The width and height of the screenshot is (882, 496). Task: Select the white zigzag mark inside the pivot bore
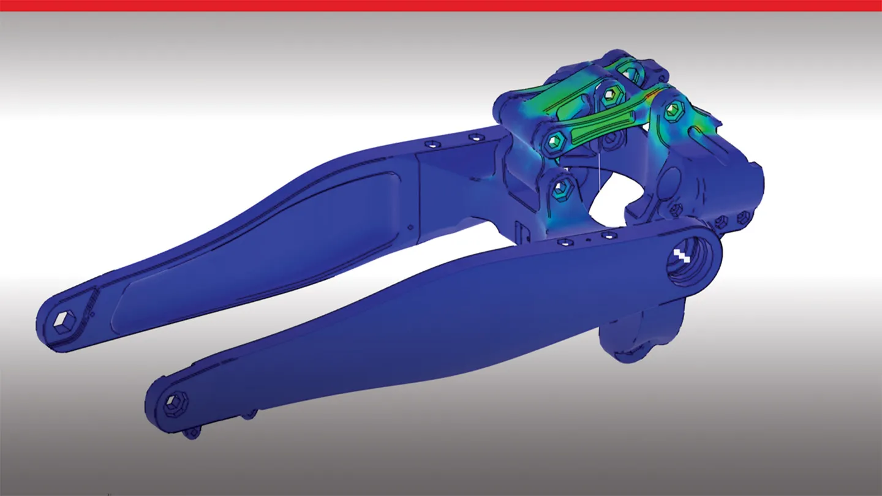[682, 254]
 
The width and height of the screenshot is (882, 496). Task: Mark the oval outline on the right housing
[671, 181]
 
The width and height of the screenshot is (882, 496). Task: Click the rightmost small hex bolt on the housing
[743, 216]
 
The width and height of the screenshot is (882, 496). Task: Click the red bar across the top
[441, 6]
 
